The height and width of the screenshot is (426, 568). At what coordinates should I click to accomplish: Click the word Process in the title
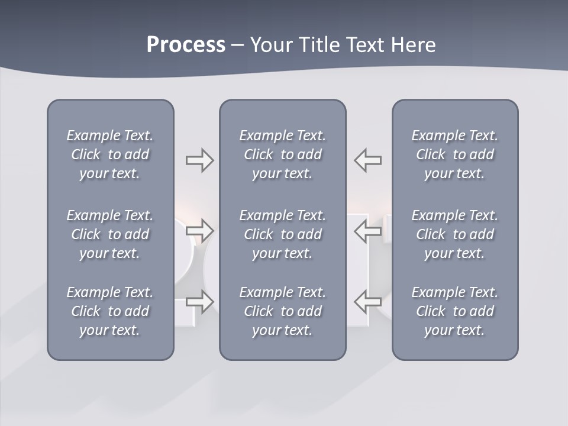(x=186, y=45)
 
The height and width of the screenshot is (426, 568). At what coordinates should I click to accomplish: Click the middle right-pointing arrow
(x=200, y=229)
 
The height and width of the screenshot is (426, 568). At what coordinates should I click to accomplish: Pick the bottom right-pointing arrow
(x=200, y=302)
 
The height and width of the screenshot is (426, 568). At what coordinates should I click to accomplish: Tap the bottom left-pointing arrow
(x=367, y=302)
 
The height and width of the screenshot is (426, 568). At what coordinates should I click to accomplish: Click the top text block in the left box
(x=110, y=154)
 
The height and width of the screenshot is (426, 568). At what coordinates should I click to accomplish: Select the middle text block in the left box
(x=110, y=234)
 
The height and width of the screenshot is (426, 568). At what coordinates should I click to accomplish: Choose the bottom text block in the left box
(x=110, y=311)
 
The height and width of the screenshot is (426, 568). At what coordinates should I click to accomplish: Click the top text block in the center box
(x=283, y=154)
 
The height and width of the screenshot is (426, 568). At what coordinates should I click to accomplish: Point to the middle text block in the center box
(x=283, y=234)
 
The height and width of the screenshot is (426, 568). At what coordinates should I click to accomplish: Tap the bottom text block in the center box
(x=283, y=311)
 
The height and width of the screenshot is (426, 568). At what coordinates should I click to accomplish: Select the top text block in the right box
(x=455, y=154)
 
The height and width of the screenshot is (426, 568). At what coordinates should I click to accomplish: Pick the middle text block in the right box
(x=455, y=234)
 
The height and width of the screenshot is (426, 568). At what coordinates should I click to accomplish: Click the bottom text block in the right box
(x=455, y=311)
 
